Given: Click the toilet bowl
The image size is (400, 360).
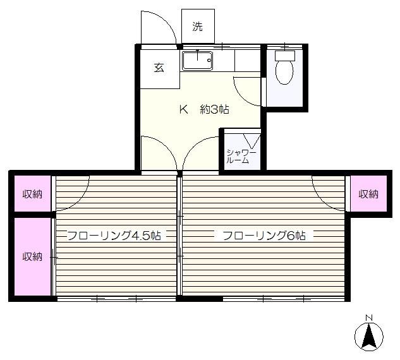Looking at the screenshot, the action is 284,72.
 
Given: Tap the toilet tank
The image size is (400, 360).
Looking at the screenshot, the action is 285,56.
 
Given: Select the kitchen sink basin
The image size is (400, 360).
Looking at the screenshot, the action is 197,61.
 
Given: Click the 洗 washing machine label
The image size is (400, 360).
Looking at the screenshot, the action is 197,26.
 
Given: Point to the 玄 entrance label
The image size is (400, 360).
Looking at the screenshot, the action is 159,68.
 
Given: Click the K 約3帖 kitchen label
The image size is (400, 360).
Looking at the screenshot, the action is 204,110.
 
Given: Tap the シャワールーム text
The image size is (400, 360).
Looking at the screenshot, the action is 241,156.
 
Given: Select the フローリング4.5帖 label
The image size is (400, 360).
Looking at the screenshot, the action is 114,236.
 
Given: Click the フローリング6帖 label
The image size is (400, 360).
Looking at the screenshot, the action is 264,236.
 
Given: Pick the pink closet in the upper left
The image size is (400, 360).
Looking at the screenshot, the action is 32,194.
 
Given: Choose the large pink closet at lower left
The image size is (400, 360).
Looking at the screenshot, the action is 32,256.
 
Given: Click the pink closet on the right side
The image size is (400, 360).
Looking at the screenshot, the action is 368,194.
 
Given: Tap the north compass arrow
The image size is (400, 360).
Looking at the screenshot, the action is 369,336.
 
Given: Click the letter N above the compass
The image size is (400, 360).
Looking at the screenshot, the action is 369,318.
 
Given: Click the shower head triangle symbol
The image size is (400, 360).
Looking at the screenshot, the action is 252,141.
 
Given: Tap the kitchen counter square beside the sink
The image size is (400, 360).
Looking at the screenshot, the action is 247,61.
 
